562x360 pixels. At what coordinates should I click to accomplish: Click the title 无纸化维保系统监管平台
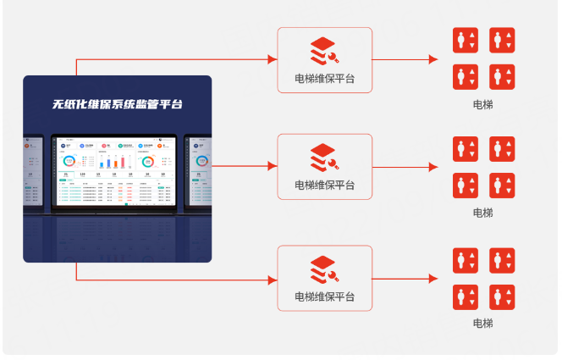point(117,105)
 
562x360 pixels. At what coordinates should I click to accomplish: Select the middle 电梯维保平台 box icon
point(324,157)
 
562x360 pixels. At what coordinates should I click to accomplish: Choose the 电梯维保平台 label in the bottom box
point(324,296)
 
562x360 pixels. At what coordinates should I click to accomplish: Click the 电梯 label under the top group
point(482,105)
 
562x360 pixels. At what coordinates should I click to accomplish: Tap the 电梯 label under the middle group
point(482,213)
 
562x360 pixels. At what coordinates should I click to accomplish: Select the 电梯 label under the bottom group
point(482,324)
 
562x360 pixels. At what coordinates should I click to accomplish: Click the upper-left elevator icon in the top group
point(466,41)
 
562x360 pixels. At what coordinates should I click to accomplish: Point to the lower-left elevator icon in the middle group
point(466,186)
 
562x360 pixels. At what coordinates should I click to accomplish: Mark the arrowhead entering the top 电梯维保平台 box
point(272,59)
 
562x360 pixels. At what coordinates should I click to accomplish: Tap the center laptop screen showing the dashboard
point(117,169)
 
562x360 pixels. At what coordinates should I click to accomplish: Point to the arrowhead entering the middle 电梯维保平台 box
point(272,166)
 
